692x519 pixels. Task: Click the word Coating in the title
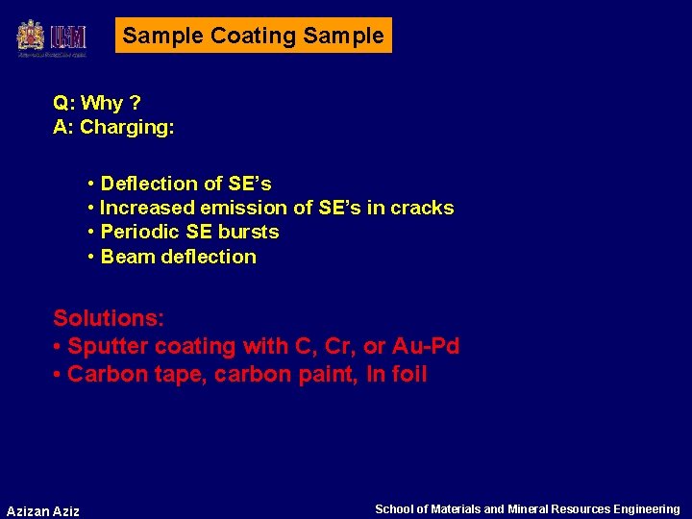pos(253,37)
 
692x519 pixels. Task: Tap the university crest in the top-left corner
pos(31,37)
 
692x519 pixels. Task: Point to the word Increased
pos(145,208)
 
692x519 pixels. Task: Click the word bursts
pos(248,232)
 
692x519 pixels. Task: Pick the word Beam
pos(125,257)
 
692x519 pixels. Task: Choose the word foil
pos(408,374)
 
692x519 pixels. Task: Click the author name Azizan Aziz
pos(43,510)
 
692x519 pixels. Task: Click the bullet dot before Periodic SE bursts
pos(90,233)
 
